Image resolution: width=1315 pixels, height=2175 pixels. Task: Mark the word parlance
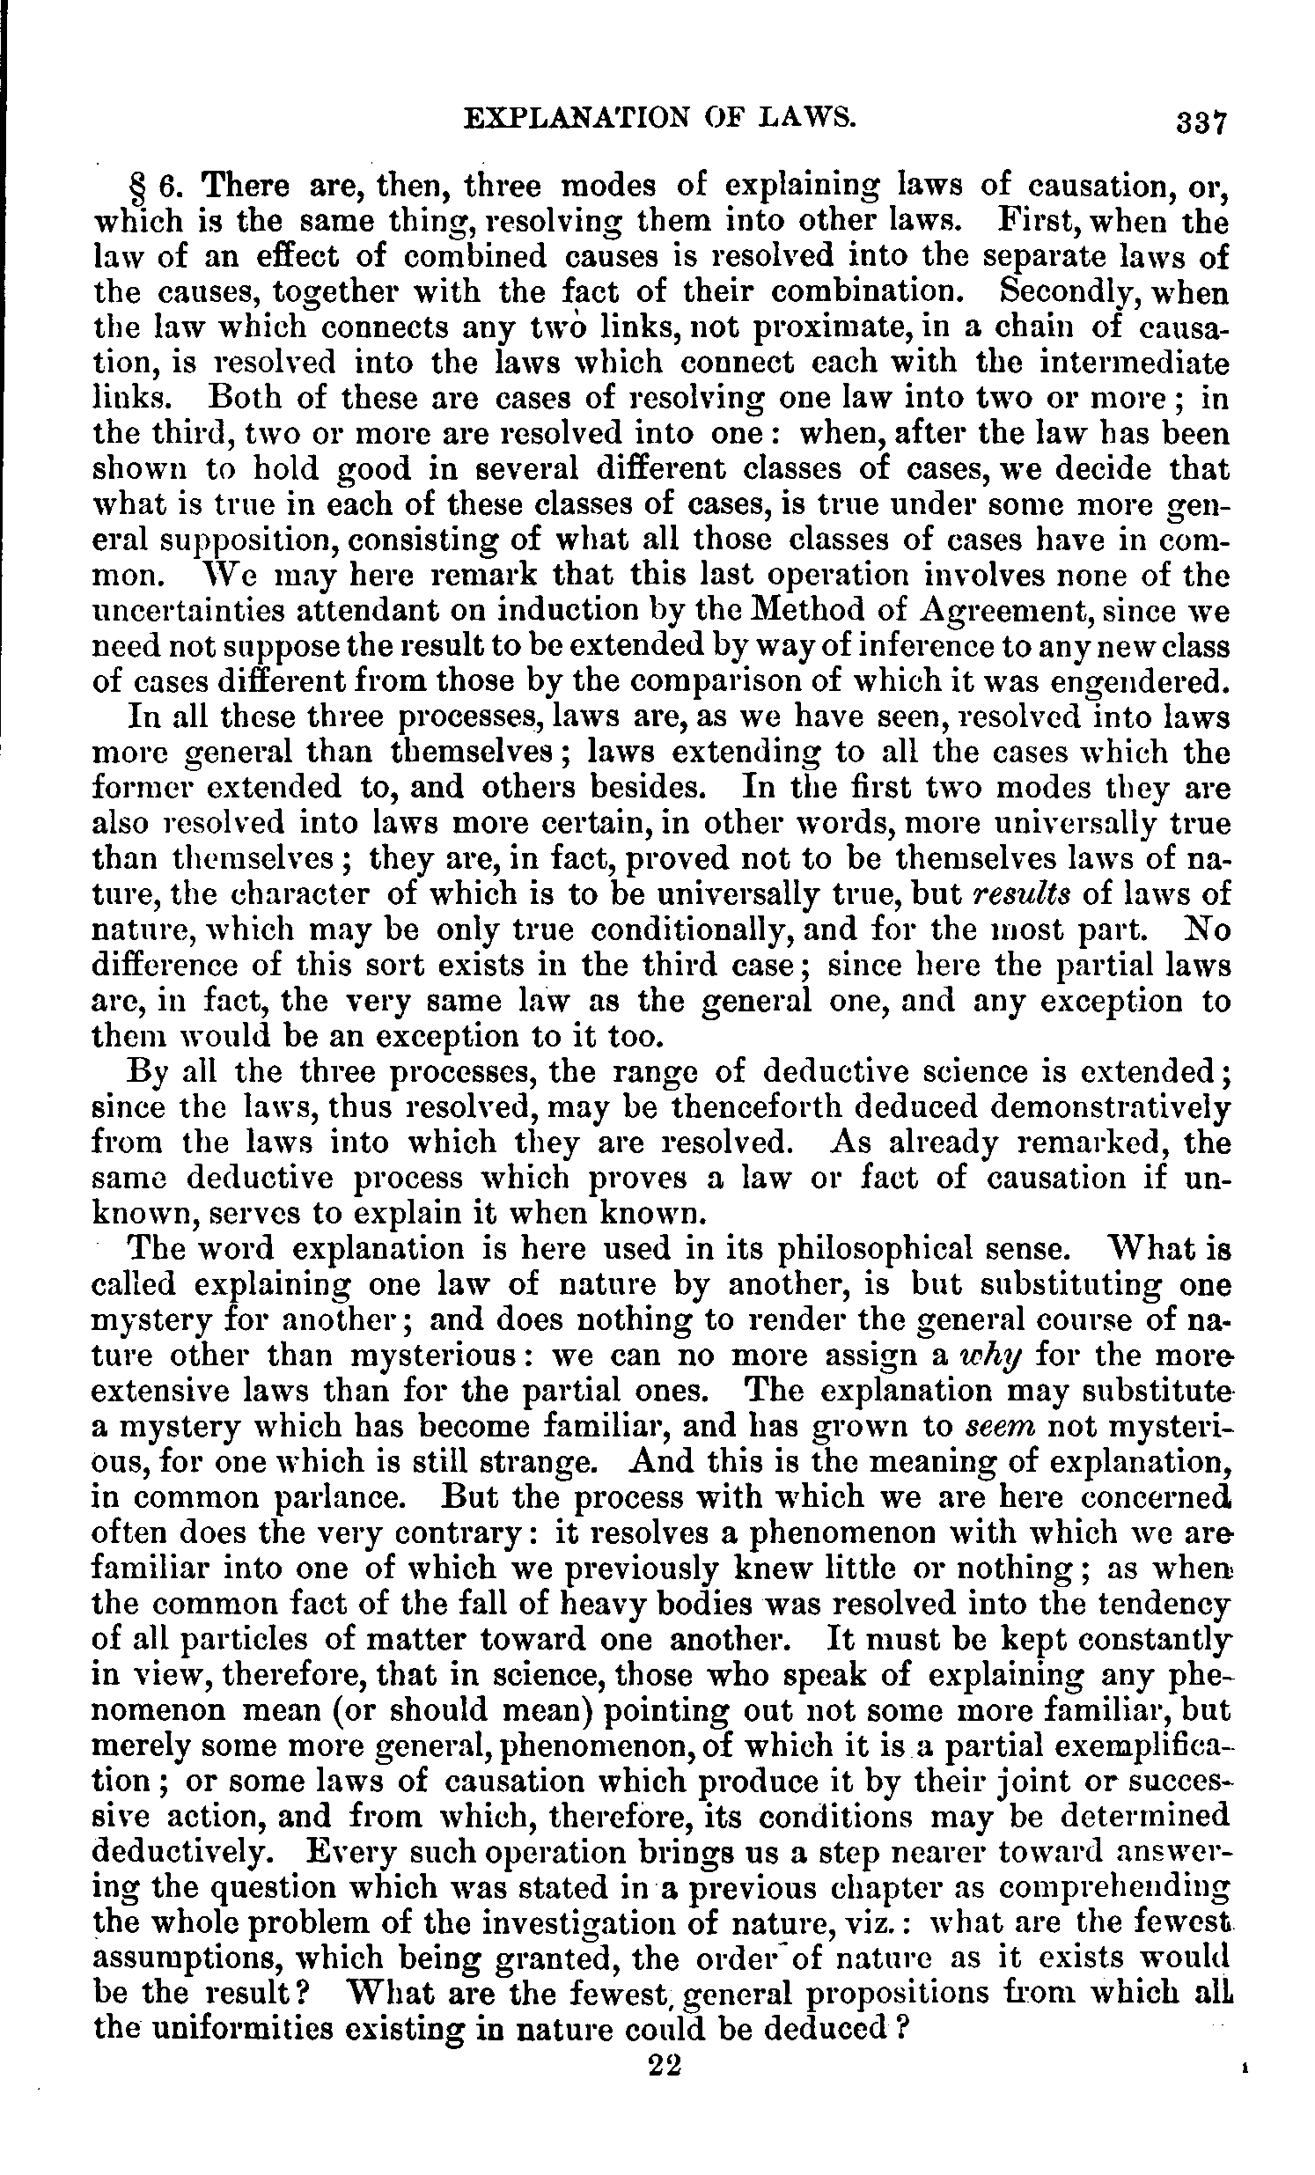346,1498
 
